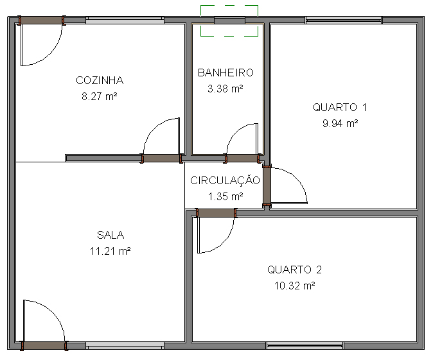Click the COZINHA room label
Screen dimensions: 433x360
click(x=100, y=80)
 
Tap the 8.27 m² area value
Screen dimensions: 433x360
click(x=100, y=96)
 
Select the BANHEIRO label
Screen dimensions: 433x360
click(x=225, y=73)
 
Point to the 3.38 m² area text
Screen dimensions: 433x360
click(x=225, y=89)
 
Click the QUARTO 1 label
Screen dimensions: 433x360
click(x=340, y=107)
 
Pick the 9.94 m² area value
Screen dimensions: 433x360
click(x=340, y=123)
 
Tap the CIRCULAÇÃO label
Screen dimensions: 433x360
click(x=225, y=180)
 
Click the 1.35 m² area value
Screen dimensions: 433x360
click(x=225, y=196)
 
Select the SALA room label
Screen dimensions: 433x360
click(x=110, y=235)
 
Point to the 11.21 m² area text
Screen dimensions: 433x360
click(x=110, y=251)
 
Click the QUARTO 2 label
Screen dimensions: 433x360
click(x=294, y=270)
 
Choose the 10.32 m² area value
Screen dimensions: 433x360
click(x=294, y=286)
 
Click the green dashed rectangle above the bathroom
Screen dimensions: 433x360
click(x=229, y=6)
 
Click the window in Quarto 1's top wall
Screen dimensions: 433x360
click(x=344, y=20)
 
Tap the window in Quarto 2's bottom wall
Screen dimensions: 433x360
click(x=305, y=346)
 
